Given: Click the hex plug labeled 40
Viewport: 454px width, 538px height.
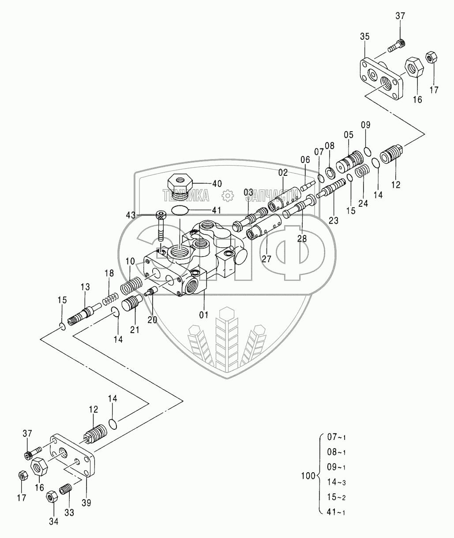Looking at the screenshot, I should coord(179,186).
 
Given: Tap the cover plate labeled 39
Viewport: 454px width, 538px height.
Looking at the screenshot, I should coord(74,455).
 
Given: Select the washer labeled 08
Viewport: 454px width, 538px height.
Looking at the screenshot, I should coord(330,171).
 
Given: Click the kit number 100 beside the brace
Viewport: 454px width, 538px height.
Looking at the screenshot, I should coord(308,476).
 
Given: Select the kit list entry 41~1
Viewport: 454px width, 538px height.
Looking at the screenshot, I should coord(336,512).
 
